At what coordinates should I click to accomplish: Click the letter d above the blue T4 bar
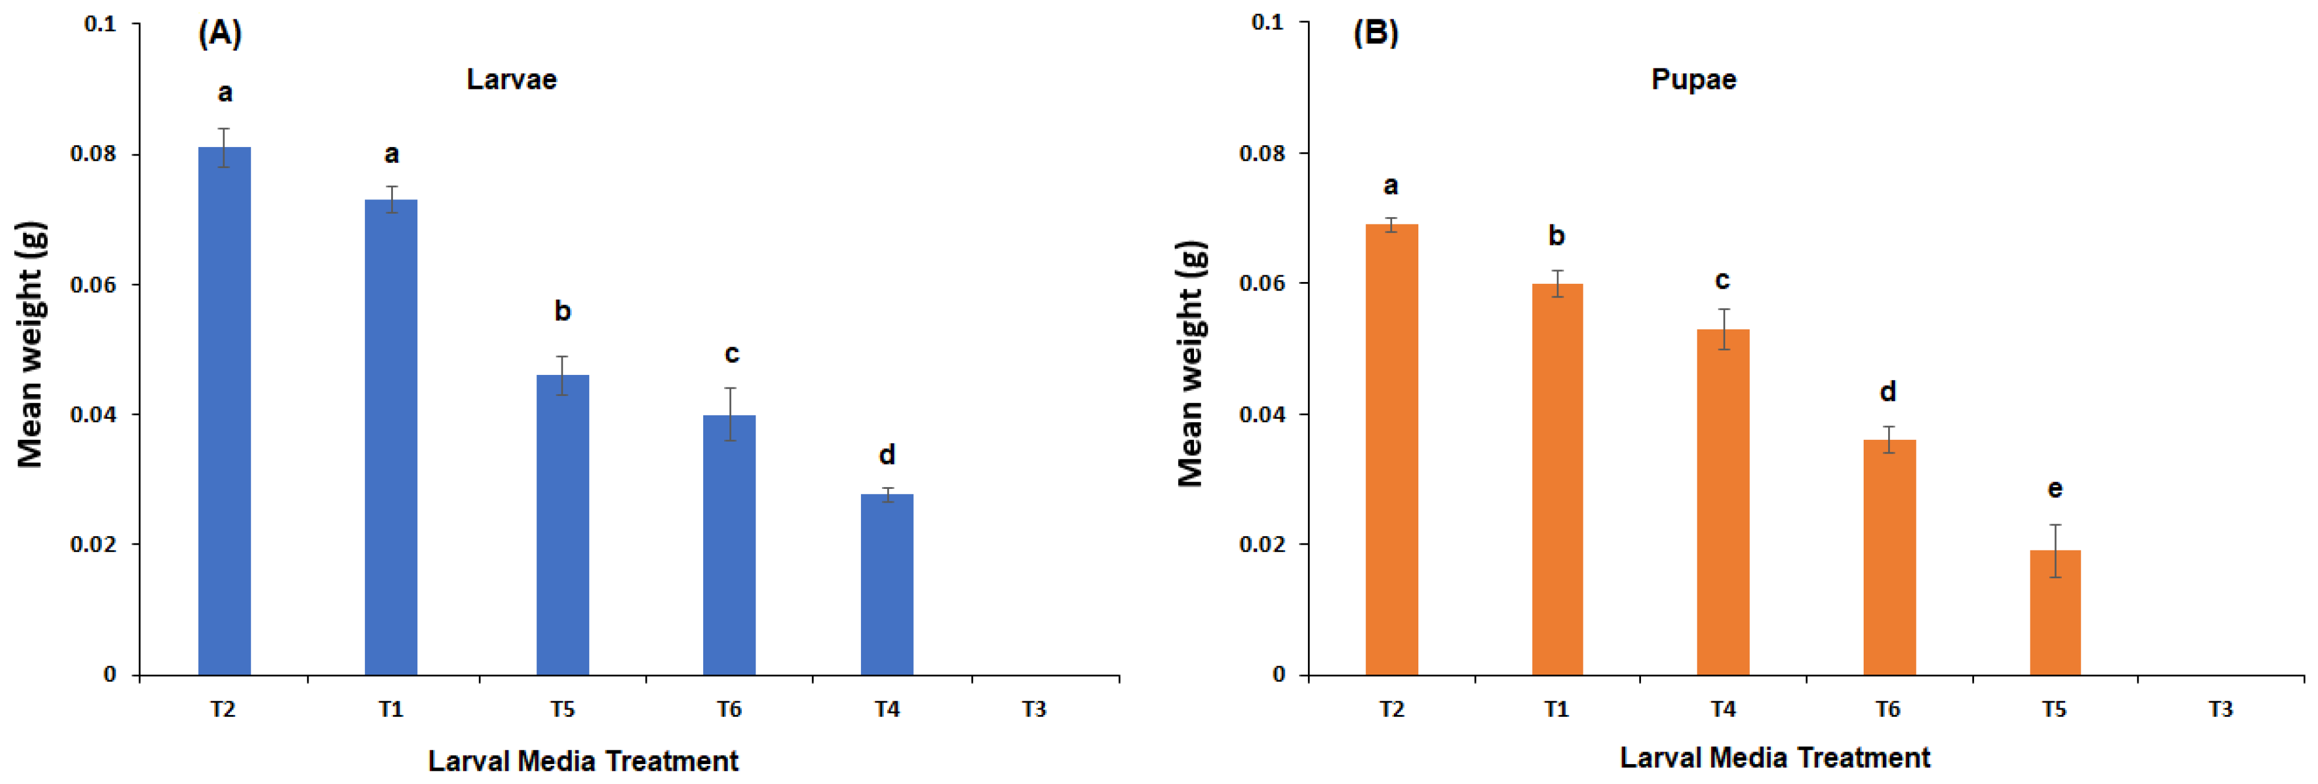point(887,455)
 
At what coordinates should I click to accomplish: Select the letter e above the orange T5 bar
point(2054,489)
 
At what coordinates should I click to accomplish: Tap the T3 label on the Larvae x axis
point(1034,709)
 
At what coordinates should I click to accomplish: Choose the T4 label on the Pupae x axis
point(1722,709)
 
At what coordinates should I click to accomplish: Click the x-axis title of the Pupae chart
point(1774,758)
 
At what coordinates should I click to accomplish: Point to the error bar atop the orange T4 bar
point(1723,329)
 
